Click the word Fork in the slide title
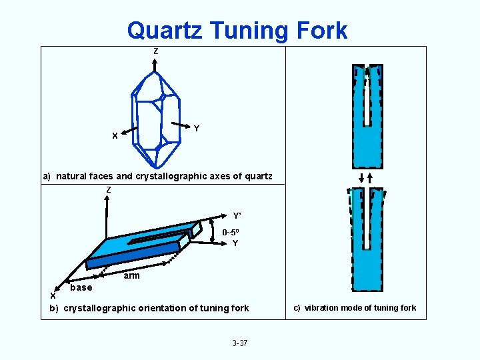[323, 30]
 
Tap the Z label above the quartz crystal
[155, 51]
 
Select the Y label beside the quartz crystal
[196, 128]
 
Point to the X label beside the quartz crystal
[115, 136]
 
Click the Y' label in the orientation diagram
[237, 215]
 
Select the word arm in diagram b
[131, 276]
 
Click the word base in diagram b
[81, 287]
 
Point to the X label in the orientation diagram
[53, 295]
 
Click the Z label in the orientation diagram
[108, 191]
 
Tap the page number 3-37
[239, 343]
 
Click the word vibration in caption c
[323, 308]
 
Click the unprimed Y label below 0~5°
[235, 243]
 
